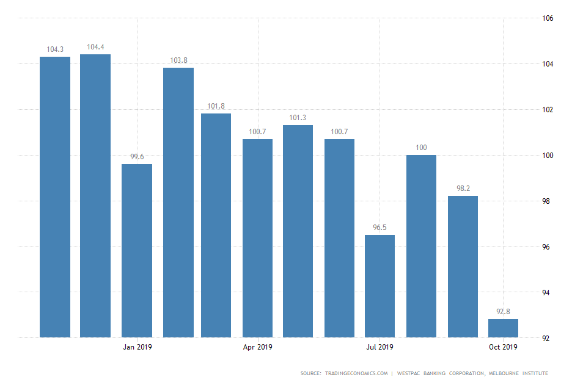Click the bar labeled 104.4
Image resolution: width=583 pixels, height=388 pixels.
pos(95,195)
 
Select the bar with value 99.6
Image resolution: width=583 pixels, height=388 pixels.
pos(137,250)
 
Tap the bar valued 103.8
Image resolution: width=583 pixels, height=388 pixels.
pos(178,202)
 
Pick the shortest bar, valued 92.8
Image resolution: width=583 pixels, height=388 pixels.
pos(503,328)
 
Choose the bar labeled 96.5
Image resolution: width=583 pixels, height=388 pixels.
pos(380,286)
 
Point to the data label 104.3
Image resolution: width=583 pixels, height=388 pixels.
pos(55,49)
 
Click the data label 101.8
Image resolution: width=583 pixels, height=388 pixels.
pos(216,106)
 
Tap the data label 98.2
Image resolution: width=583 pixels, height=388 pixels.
pos(462,189)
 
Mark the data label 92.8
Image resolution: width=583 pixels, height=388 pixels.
pos(503,312)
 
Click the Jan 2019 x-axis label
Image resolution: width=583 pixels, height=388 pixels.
pos(137,348)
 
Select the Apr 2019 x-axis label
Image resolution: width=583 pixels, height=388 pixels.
pos(258,348)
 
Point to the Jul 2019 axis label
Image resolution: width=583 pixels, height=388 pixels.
pos(380,348)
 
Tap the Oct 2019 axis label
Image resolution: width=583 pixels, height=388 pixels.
pos(503,348)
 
